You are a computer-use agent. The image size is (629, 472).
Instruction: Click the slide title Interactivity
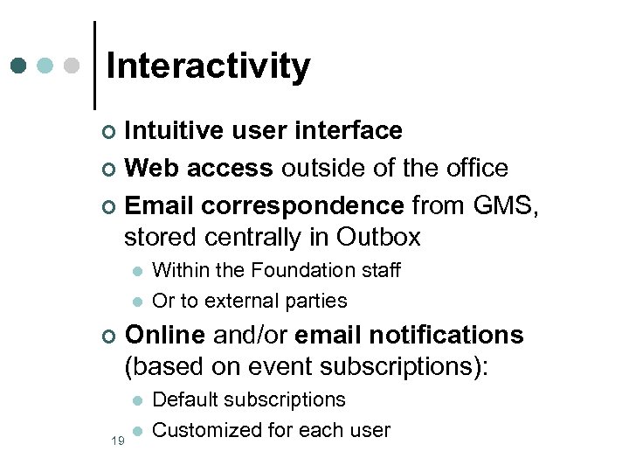(x=208, y=66)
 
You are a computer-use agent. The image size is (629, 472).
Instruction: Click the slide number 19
(x=116, y=441)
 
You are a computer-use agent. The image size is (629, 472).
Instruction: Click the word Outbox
(x=378, y=237)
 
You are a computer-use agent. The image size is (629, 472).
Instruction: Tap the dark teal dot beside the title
(x=19, y=66)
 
